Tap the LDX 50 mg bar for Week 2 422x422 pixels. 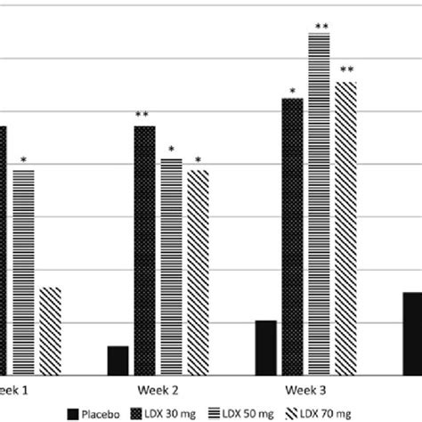click(171, 266)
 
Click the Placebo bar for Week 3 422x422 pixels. click(265, 348)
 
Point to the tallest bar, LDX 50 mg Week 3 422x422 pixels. click(320, 204)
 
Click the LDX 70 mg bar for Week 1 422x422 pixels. click(50, 330)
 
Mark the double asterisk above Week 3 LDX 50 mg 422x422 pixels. click(321, 27)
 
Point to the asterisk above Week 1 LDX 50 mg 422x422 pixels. click(24, 160)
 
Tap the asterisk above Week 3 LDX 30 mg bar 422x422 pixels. click(292, 90)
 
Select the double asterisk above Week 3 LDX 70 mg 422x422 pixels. click(346, 71)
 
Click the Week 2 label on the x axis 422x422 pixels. click(158, 390)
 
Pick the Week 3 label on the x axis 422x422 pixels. click(305, 390)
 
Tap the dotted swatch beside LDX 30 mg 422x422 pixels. click(138, 412)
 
